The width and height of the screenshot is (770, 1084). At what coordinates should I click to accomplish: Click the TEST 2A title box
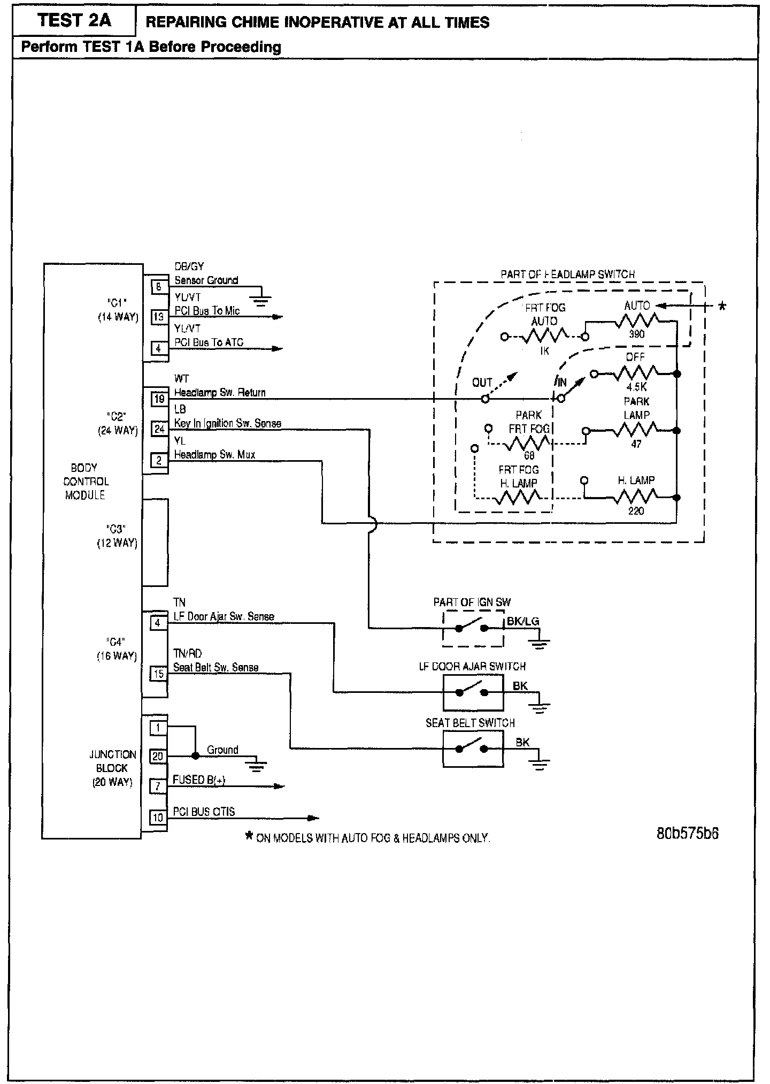(x=74, y=21)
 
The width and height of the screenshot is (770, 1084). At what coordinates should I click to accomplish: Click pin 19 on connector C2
(x=159, y=399)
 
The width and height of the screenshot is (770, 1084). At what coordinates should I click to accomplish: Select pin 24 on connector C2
(x=159, y=429)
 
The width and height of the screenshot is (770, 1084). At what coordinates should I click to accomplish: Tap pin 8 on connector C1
(x=159, y=287)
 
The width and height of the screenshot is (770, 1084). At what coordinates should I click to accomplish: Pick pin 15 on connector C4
(x=158, y=674)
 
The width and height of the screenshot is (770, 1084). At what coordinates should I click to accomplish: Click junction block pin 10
(x=158, y=818)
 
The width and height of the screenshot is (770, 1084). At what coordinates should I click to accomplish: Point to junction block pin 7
(x=158, y=787)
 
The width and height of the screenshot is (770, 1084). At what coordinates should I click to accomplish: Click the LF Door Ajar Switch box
(x=473, y=692)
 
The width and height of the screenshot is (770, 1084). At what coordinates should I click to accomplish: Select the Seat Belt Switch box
(x=473, y=749)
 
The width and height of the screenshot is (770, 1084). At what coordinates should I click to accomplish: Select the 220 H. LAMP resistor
(x=636, y=498)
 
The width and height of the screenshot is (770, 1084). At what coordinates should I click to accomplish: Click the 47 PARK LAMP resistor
(x=636, y=430)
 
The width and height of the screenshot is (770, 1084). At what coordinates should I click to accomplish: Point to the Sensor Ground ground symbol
(x=260, y=301)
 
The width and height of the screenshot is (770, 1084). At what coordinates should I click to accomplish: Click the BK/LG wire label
(x=522, y=621)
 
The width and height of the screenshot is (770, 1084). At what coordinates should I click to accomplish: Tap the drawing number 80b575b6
(x=687, y=834)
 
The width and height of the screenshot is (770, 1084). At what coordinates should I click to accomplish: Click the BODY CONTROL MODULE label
(x=86, y=482)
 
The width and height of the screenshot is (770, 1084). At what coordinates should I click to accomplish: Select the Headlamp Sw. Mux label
(x=214, y=455)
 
